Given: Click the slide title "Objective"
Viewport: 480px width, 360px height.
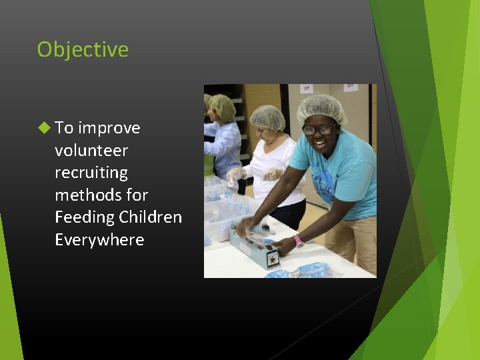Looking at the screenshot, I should click(x=83, y=50).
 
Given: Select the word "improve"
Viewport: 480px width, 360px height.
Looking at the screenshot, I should click(x=109, y=128).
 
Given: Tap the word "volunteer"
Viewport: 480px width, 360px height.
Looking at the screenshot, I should click(x=91, y=151).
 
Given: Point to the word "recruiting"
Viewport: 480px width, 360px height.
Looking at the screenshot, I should click(x=91, y=173).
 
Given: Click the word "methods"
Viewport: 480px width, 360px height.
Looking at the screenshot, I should click(x=83, y=195).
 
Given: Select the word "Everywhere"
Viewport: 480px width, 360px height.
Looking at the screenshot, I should click(x=99, y=240).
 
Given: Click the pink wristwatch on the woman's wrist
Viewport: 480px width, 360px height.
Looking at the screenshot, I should click(x=299, y=241).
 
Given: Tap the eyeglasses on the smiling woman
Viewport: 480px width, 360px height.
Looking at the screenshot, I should click(x=319, y=129).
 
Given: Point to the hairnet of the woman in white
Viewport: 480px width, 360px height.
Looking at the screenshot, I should click(x=268, y=117).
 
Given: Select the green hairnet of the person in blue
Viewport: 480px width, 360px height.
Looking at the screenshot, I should click(x=222, y=106).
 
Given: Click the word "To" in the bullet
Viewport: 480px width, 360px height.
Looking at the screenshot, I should click(x=64, y=128).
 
